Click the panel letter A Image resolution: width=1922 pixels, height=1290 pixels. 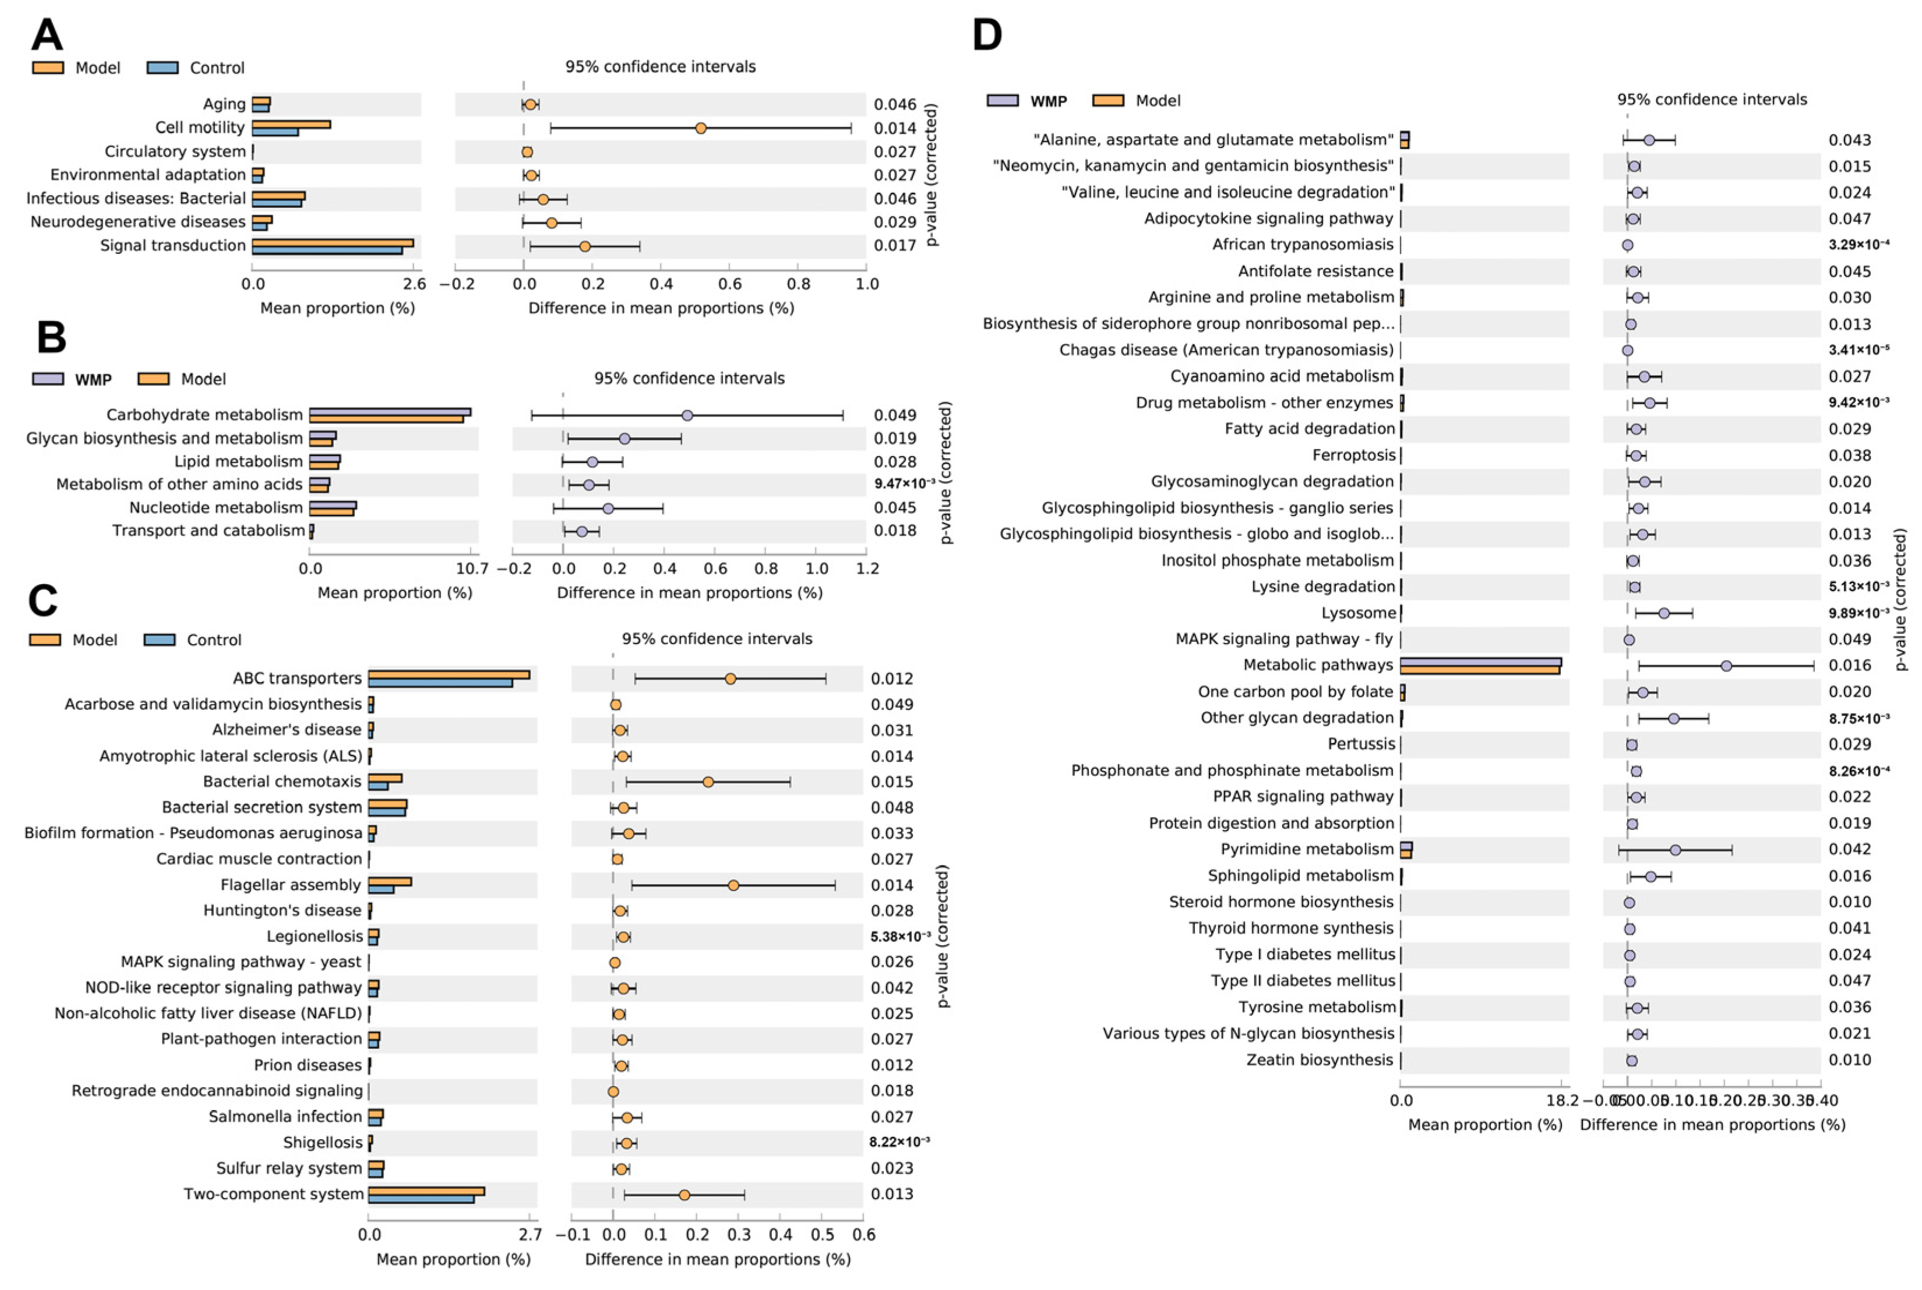pos(47,36)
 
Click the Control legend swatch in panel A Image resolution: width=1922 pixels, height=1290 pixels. pos(162,68)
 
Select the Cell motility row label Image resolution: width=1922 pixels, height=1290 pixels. pos(200,128)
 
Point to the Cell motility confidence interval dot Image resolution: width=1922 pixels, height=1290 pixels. pos(700,128)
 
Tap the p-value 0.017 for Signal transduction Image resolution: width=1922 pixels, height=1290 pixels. pos(894,245)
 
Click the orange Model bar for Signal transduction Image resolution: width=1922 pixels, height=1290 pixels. pos(333,243)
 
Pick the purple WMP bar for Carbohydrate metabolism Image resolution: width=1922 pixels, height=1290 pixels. pos(389,411)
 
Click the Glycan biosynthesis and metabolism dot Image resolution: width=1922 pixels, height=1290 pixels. pos(625,439)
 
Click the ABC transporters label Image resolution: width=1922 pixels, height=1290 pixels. pos(297,678)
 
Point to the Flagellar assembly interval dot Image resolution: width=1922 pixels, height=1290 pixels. pos(733,885)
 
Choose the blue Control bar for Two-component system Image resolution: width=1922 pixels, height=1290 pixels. pos(421,1199)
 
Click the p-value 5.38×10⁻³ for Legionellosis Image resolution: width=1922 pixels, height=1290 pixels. pos(900,936)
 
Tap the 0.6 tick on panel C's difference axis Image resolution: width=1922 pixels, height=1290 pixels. pos(863,1235)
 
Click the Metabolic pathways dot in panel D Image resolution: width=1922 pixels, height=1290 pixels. pos(1726,666)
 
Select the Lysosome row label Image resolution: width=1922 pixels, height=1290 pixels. pos(1359,613)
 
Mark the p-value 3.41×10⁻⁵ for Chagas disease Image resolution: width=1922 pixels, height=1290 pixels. pos(1858,349)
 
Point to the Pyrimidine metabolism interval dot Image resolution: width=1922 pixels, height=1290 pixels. pos(1675,850)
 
